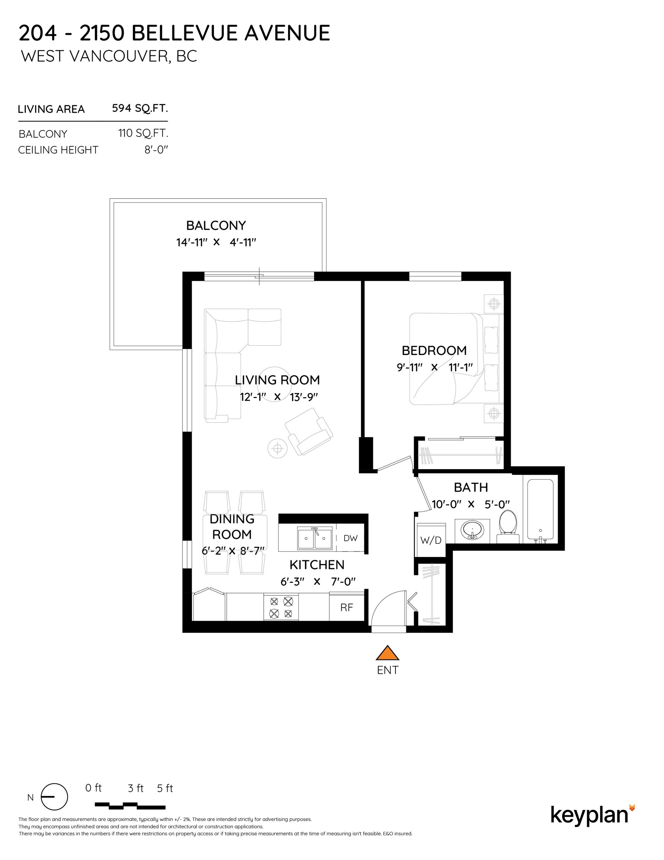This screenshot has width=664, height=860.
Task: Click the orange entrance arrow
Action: (387, 653)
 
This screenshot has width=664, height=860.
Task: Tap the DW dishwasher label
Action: (350, 538)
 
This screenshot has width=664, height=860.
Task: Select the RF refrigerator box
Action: (347, 607)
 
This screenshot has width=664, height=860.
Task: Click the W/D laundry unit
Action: (430, 540)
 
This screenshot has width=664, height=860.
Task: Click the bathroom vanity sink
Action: (472, 530)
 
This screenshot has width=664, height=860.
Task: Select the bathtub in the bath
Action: (540, 510)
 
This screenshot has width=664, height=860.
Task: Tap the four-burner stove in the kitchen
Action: (281, 607)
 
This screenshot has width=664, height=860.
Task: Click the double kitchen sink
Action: (314, 538)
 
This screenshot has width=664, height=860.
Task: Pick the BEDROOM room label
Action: (434, 350)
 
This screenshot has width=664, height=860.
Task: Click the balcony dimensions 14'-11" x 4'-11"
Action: (216, 242)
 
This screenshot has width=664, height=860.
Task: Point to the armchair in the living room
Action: (309, 431)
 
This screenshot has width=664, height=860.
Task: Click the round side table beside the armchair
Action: (278, 448)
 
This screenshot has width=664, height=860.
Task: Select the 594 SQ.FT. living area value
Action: (140, 108)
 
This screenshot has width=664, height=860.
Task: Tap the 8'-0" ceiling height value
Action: (156, 150)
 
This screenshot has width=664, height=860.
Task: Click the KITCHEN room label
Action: (317, 565)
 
